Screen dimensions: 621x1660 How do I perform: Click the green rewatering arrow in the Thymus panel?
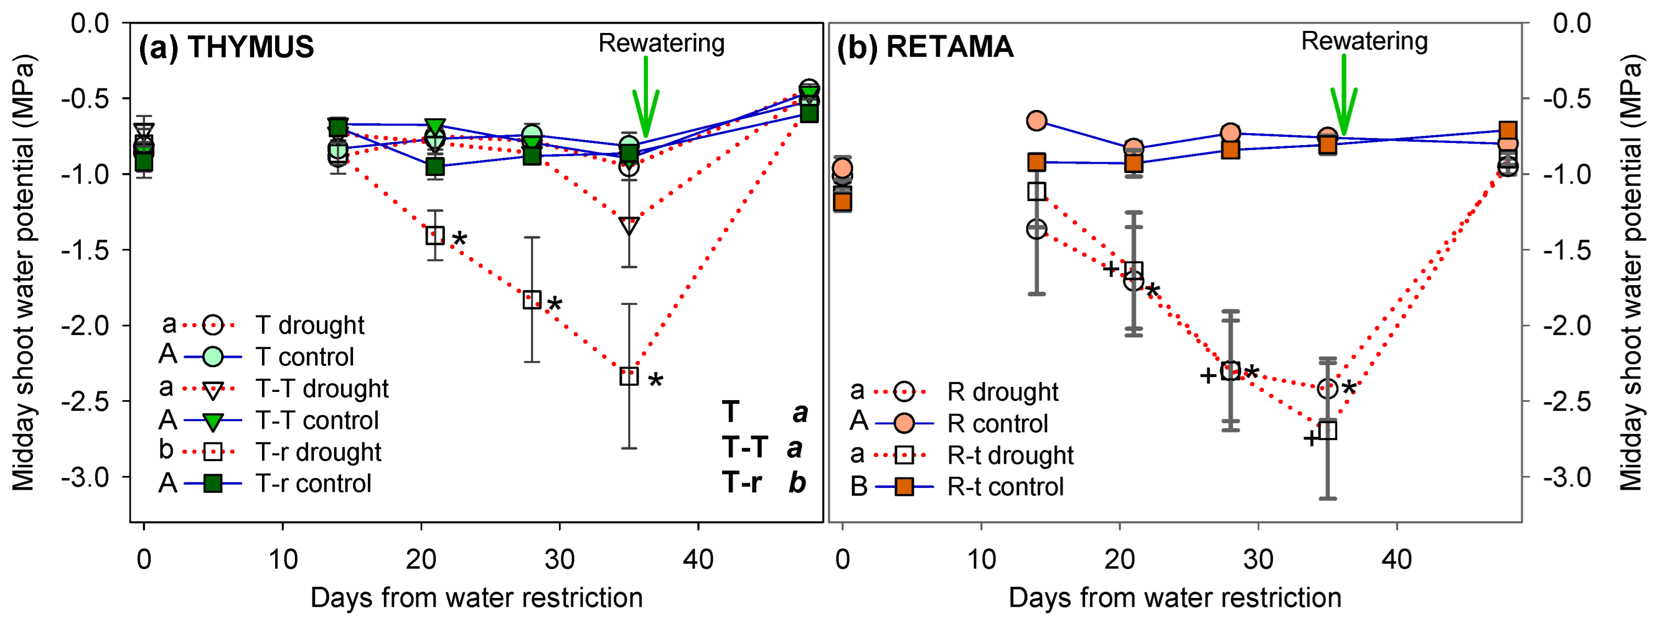[645, 97]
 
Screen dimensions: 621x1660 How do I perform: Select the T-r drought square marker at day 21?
[435, 235]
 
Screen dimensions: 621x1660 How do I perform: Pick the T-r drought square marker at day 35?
[629, 376]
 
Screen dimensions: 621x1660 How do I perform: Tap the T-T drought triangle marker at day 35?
[629, 226]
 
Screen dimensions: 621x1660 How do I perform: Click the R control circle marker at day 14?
[1036, 120]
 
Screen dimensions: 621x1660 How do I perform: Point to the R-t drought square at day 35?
[1327, 430]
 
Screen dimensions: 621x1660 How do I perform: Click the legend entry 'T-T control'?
[316, 420]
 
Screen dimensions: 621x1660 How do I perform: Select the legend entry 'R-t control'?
[1005, 487]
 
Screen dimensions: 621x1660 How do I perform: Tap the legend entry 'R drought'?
[1003, 391]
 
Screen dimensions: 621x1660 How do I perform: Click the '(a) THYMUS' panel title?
[226, 47]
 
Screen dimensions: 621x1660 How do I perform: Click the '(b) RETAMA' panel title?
[925, 47]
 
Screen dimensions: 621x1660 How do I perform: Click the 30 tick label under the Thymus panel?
[560, 558]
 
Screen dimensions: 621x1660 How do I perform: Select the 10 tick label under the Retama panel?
[981, 558]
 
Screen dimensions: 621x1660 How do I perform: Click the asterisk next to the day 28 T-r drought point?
[554, 304]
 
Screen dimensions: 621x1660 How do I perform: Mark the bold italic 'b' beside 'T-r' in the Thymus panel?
[797, 483]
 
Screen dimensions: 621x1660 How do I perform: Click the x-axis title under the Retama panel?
[1174, 598]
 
